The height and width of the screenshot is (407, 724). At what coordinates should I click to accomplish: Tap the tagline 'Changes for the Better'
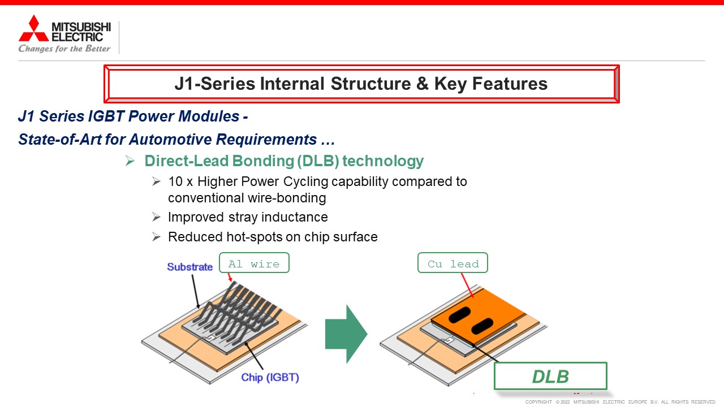click(x=64, y=49)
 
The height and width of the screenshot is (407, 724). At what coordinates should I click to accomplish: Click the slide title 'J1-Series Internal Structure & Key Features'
click(x=361, y=84)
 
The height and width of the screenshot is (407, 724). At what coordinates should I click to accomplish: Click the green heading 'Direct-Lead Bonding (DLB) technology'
click(x=284, y=161)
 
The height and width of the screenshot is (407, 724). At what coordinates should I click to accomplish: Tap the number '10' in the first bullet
click(x=175, y=181)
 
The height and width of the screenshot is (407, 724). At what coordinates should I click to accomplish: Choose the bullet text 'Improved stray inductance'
click(x=248, y=218)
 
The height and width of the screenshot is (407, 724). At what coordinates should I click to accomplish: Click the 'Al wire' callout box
click(x=254, y=263)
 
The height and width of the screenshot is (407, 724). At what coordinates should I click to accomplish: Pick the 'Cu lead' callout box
click(x=453, y=263)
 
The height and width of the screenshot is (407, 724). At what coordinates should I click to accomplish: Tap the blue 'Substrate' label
click(x=189, y=267)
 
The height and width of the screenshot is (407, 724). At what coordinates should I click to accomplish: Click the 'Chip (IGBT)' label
click(x=270, y=377)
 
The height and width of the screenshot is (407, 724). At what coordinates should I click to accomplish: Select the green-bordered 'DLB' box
click(x=550, y=376)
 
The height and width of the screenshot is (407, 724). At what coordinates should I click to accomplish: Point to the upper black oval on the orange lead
click(x=460, y=315)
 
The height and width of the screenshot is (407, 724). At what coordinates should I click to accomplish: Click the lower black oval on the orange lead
click(x=482, y=326)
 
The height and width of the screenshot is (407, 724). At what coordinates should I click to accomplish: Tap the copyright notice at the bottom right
click(x=620, y=402)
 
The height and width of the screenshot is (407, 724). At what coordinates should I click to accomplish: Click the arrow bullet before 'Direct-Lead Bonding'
click(x=130, y=161)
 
